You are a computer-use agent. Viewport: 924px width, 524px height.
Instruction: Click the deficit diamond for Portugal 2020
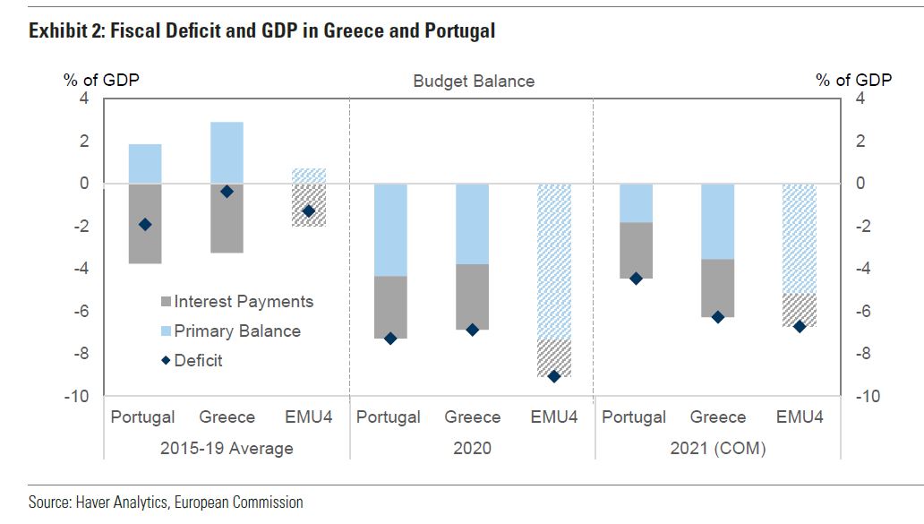coord(390,339)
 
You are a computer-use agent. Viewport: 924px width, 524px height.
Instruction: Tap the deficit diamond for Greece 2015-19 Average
coord(227,192)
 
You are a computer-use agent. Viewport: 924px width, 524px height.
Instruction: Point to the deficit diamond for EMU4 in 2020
coord(554,376)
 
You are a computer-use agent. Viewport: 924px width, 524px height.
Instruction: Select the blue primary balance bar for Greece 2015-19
coord(227,153)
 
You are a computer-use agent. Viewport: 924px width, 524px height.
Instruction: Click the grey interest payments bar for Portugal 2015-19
coord(145,224)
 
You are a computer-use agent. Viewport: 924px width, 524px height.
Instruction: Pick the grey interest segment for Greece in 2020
coord(473,296)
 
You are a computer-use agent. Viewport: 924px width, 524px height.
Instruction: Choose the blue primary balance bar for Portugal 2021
coord(637,203)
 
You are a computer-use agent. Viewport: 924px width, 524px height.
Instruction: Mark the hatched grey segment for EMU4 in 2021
coord(800,310)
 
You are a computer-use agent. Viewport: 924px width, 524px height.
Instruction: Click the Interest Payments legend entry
coord(244,302)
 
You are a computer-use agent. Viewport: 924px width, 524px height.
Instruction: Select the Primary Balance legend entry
coord(237,331)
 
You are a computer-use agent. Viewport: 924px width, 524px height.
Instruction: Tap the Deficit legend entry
coord(199,361)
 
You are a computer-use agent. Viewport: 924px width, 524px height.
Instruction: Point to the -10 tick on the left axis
coord(77,396)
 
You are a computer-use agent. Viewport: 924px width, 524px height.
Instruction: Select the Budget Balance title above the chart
coord(474,82)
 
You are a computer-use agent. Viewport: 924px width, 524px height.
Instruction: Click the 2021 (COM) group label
coord(718,448)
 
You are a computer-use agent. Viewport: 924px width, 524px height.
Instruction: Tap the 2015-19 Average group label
coord(227,448)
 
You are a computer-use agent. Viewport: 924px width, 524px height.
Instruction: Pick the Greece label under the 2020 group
coord(473,417)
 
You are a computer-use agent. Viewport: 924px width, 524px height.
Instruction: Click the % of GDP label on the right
coord(853,80)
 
